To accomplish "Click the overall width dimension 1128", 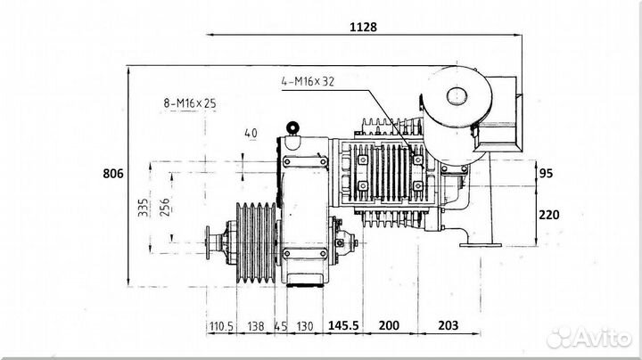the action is pyautogui.click(x=363, y=27).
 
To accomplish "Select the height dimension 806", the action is pyautogui.click(x=112, y=174).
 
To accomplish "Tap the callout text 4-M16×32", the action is pyautogui.click(x=308, y=81).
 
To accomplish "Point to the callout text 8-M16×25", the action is pyautogui.click(x=190, y=103).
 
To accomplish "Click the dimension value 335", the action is pyautogui.click(x=143, y=208).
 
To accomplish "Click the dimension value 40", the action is pyautogui.click(x=251, y=134).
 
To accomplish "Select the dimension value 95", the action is pyautogui.click(x=546, y=174).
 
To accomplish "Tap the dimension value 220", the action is pyautogui.click(x=549, y=215).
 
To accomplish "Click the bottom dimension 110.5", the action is pyautogui.click(x=221, y=326).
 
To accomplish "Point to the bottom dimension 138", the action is pyautogui.click(x=256, y=326).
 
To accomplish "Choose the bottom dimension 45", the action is pyautogui.click(x=281, y=326).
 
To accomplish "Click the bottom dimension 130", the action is pyautogui.click(x=305, y=326).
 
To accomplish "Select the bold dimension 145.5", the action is pyautogui.click(x=343, y=325).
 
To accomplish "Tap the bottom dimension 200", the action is pyautogui.click(x=389, y=325).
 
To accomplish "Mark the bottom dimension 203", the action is pyautogui.click(x=449, y=325).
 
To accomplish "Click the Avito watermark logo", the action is pyautogui.click(x=588, y=338).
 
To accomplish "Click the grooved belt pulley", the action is pyautogui.click(x=256, y=242).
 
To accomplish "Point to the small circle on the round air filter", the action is pyautogui.click(x=457, y=95).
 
